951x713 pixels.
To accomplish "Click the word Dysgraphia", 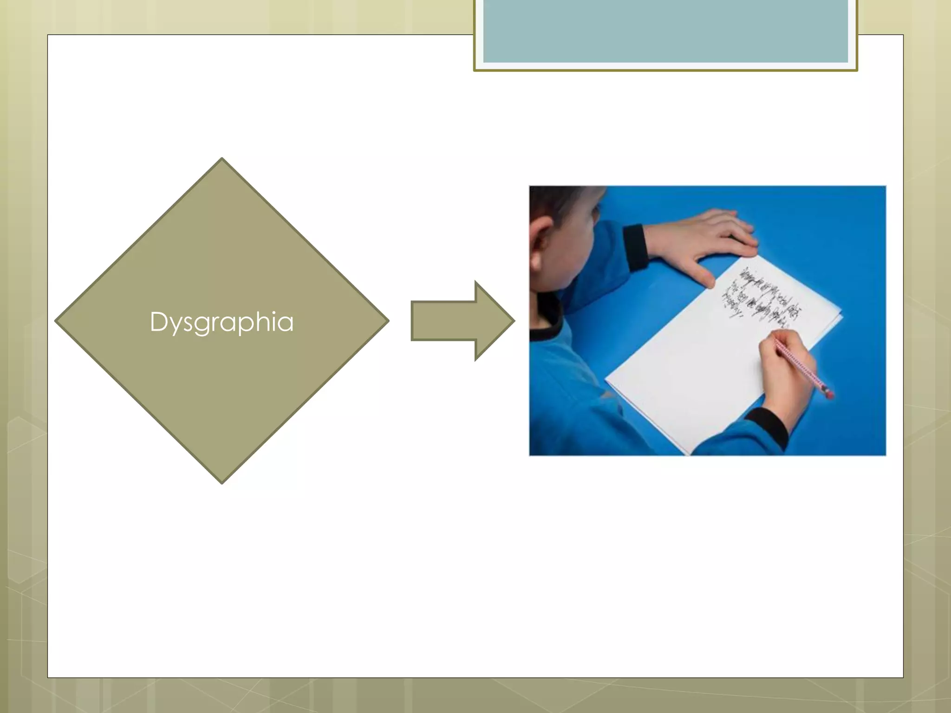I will (x=221, y=322).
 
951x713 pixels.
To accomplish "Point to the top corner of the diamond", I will (x=222, y=159).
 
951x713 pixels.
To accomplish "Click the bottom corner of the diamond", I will (x=222, y=483).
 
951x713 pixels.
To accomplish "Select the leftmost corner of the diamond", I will (x=57, y=321).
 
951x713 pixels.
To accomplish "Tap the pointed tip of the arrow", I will (x=513, y=321).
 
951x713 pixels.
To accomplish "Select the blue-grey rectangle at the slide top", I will (x=665, y=32).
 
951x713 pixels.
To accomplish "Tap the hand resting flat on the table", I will (x=710, y=237).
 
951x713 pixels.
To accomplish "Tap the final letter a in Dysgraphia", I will (x=286, y=323).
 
